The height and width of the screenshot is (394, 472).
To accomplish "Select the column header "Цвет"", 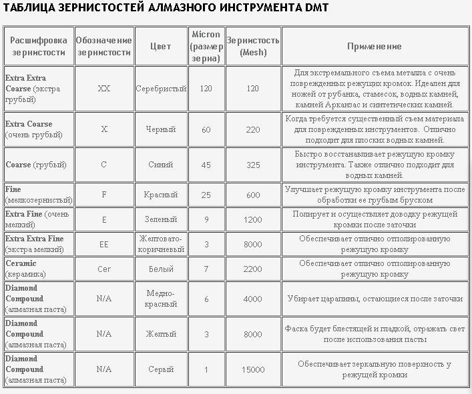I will pos(161,46).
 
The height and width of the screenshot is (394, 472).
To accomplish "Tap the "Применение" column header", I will pos(375,46).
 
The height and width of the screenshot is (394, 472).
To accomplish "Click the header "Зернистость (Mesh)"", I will pos(253,46).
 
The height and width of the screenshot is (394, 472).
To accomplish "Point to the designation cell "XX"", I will pos(103,88).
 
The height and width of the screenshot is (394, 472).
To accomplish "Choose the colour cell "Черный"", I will pos(161,129).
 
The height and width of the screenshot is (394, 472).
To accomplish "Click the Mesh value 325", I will pos(253,165).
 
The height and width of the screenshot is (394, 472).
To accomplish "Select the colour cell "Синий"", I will pos(161,165).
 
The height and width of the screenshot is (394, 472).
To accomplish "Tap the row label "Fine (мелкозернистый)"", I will pos(36,195).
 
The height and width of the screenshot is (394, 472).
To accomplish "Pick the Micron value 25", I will pos(206,195).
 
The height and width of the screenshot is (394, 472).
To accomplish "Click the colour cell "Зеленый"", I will pos(161,219).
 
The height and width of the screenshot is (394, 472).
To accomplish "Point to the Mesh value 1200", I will pos(253,219).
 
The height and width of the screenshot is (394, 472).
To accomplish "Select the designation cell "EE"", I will pos(103,244).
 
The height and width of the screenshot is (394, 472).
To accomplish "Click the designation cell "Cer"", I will pos(103,269).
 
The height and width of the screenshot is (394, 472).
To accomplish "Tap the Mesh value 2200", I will pos(253,269).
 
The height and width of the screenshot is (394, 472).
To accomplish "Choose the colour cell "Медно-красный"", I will pos(161,299).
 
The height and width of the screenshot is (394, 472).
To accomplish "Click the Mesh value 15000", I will pos(253,369).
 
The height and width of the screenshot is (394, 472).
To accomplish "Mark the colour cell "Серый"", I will pos(161,369).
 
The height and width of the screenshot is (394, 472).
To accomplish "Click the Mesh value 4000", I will pos(253,299).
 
